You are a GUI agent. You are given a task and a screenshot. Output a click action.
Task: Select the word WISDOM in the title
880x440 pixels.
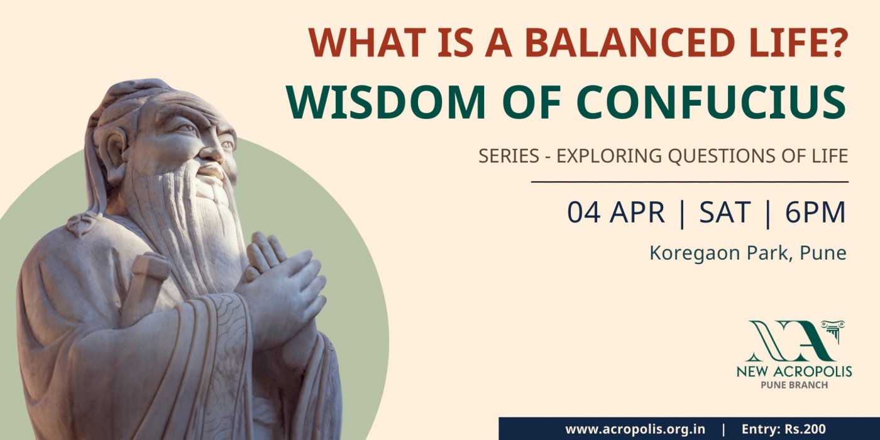[x=386, y=102]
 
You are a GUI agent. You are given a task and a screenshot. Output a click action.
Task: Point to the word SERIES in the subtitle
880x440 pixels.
[x=509, y=156]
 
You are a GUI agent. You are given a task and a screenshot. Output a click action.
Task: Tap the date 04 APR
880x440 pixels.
[x=615, y=212]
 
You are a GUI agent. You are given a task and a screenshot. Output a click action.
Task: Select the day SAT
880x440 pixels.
[x=725, y=212]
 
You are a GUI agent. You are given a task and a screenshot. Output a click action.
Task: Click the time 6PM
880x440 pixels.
[x=815, y=212]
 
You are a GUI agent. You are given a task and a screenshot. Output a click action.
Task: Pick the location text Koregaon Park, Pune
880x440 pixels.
[x=748, y=253]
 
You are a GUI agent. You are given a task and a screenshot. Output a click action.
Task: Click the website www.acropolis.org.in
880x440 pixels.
[x=635, y=429]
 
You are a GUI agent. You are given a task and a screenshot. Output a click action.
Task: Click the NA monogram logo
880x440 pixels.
[x=796, y=341]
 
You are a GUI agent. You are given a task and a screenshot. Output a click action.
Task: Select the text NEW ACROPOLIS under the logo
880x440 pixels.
[x=794, y=371]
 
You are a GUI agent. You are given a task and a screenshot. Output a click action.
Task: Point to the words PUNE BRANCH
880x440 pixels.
[x=794, y=385]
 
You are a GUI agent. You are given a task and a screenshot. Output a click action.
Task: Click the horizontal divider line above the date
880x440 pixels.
[x=690, y=182]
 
